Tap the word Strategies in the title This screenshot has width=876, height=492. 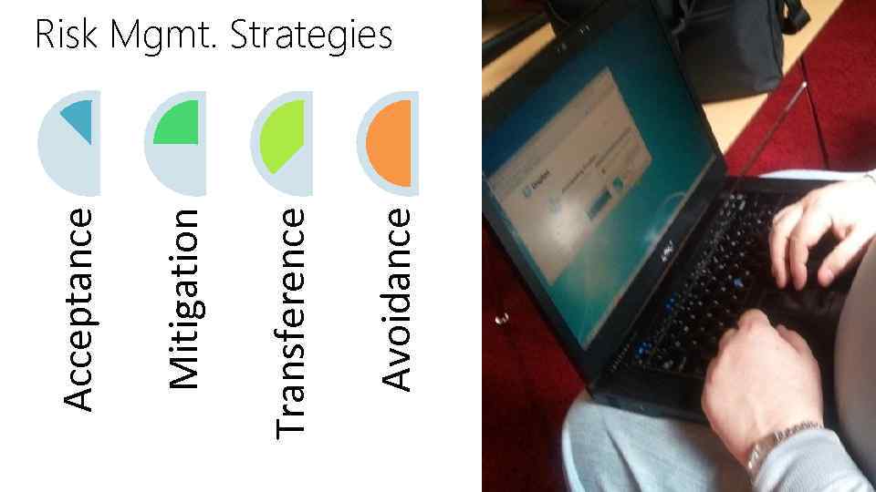click(x=310, y=36)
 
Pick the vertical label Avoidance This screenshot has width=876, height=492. click(x=396, y=299)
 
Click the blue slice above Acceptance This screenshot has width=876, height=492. click(x=78, y=117)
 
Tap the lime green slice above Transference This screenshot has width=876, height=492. click(x=283, y=137)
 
